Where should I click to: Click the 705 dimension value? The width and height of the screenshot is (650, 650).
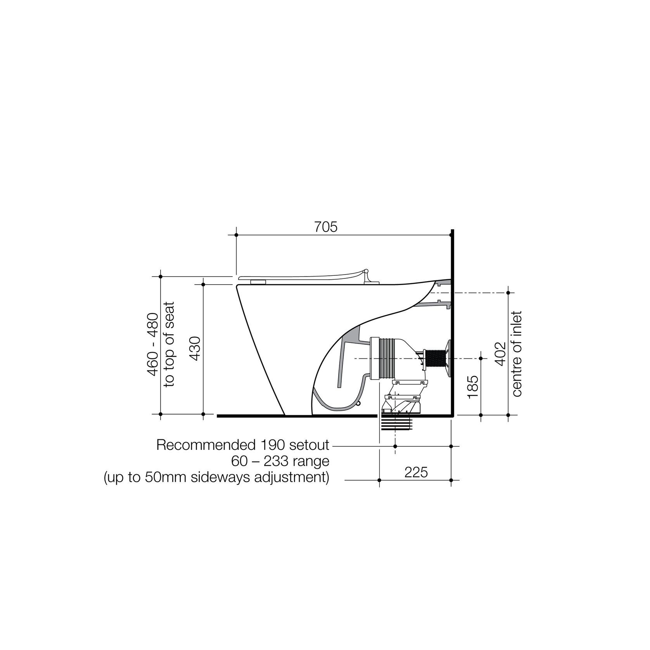326,227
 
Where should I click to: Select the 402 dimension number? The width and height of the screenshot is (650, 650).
501,353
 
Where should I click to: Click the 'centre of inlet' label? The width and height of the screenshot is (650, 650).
517,353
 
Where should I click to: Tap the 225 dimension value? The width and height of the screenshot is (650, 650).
416,472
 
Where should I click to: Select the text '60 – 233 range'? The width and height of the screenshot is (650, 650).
280,462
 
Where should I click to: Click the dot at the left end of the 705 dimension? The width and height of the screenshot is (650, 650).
236,235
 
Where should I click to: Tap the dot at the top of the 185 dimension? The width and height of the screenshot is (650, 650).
481,358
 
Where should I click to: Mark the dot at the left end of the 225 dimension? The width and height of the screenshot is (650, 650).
379,481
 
